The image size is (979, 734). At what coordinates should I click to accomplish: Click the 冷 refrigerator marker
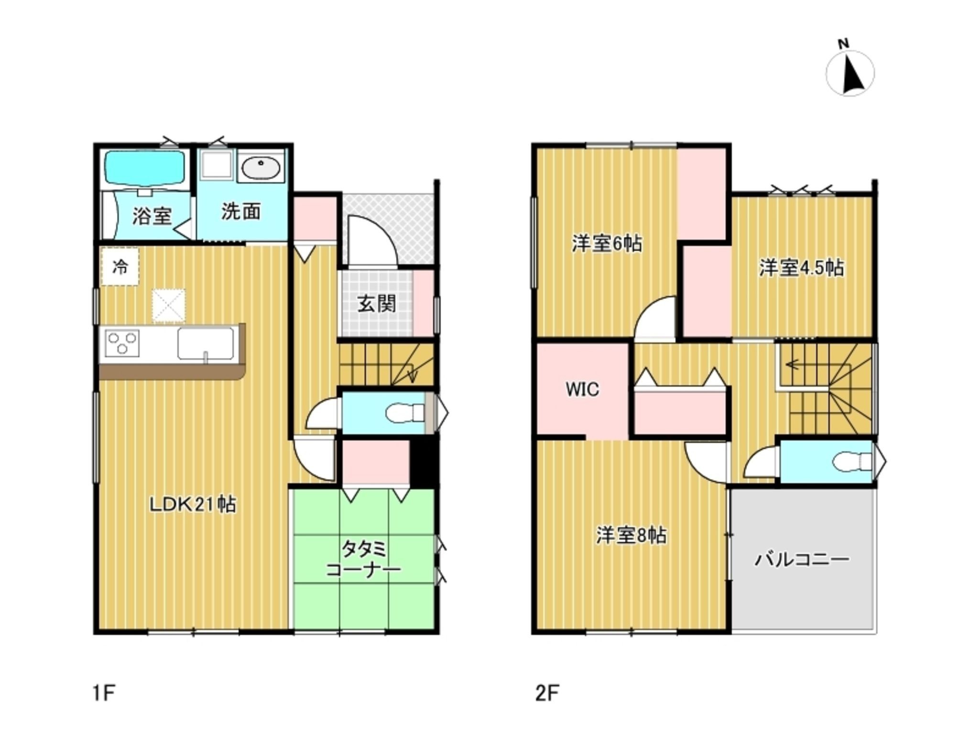tap(120, 267)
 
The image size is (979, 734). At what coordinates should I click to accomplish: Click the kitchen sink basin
tap(206, 343)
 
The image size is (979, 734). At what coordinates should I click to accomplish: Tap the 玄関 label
tap(377, 304)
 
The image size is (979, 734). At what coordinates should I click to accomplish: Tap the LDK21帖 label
tap(193, 505)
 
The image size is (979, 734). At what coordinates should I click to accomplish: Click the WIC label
tap(582, 389)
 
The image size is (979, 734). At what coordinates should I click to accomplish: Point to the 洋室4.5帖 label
tap(802, 268)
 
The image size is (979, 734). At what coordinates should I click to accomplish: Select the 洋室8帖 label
tap(631, 536)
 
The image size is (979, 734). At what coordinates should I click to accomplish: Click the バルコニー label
tap(802, 559)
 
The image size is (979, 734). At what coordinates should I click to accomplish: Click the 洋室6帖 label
tap(607, 244)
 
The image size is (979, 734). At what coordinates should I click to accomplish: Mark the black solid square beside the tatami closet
tap(424, 463)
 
